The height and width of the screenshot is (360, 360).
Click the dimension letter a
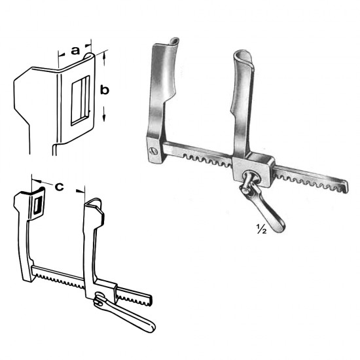pos(75,50)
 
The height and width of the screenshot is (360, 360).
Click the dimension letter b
pos(105,90)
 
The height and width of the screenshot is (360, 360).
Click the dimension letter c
pos(59,187)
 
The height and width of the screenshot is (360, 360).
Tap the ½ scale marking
pos(261,229)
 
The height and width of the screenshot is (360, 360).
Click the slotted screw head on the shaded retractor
pos(153,151)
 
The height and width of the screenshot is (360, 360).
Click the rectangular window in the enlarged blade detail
pos(80,101)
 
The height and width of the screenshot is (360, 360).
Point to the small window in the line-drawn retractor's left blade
pos(37,205)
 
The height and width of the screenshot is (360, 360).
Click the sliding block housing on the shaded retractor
pos(253,169)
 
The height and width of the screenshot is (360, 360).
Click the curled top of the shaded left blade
pos(174,42)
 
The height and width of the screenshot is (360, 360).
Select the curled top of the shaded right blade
pos(243,57)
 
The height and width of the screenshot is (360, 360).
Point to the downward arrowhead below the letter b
pos(104,118)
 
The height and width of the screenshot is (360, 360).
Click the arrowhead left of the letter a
pos(61,54)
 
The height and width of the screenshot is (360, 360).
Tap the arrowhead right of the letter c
pos(80,190)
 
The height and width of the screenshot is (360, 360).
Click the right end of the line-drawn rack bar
pos(150,300)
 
